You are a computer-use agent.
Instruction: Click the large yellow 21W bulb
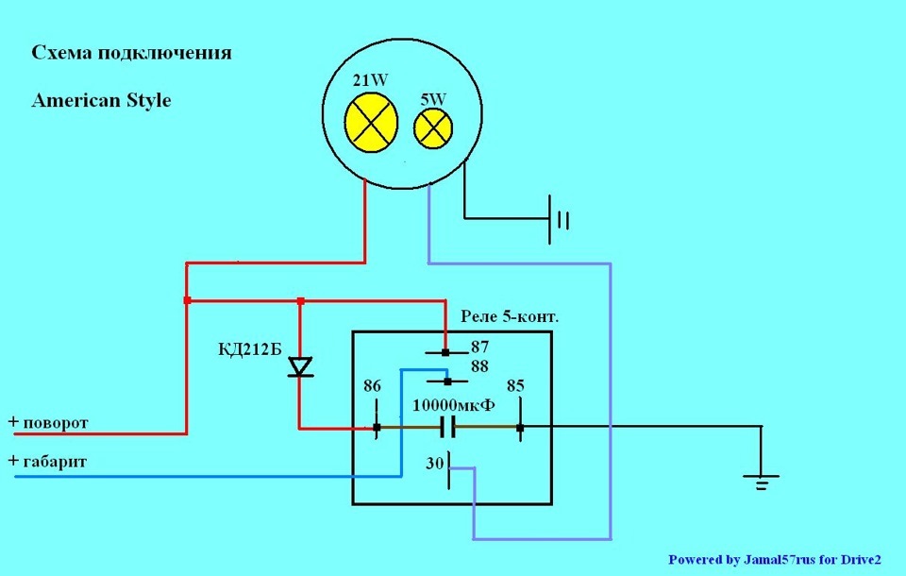(371, 123)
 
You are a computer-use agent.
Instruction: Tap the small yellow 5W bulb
(433, 128)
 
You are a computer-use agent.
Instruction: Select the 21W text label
(370, 80)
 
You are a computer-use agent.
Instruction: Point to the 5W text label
(433, 99)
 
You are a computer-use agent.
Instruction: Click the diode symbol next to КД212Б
(300, 367)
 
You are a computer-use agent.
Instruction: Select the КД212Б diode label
(249, 350)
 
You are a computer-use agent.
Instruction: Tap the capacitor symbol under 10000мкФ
(447, 428)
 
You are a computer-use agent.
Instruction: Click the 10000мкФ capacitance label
(454, 405)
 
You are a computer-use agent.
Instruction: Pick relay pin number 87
(479, 347)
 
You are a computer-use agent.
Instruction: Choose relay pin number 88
(479, 366)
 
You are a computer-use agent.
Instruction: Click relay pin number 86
(372, 386)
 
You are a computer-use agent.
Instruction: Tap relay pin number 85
(515, 386)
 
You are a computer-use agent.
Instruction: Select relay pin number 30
(434, 464)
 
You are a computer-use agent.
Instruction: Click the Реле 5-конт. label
(510, 317)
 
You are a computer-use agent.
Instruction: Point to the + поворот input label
(48, 423)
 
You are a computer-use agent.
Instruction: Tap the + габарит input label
(47, 462)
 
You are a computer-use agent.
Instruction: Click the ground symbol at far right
(761, 483)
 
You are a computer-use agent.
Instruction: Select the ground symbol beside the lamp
(559, 220)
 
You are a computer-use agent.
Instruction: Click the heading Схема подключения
(132, 53)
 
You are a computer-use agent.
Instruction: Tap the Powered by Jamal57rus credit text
(775, 560)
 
